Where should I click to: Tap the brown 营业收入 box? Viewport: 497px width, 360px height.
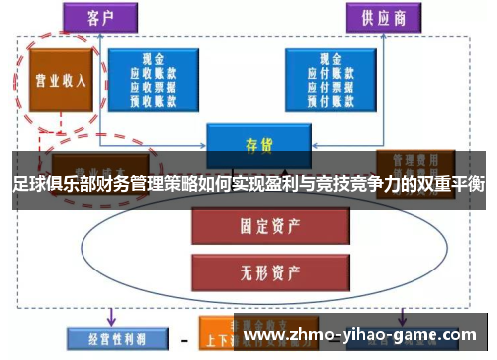[61, 79]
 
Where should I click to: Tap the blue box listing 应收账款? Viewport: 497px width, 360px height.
[154, 79]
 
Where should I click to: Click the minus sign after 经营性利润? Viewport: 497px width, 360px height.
[184, 337]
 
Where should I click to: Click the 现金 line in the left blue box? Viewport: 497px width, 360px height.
[154, 59]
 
